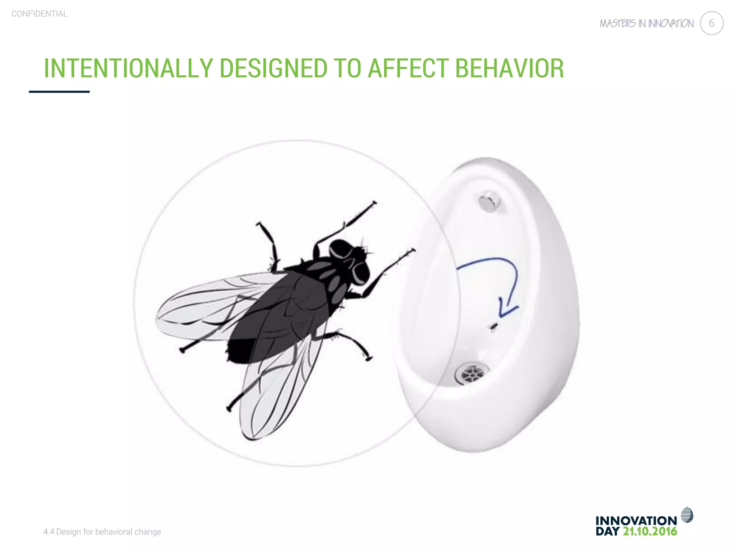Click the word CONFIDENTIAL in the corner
coord(39,14)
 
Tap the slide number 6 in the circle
coord(711,23)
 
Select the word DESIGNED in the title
coord(273,68)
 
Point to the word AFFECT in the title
coord(408,68)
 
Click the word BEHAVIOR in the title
coord(510,68)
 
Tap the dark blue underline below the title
coord(59,92)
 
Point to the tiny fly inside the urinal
coord(493,326)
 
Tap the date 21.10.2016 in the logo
coord(650,531)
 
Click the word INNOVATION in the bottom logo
coord(636,521)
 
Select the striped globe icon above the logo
coord(687,515)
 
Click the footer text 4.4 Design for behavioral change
coord(102,532)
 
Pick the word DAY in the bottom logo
coord(608,531)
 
